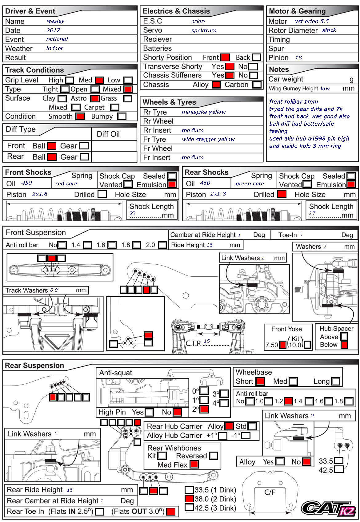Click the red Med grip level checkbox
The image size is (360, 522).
coord(99,80)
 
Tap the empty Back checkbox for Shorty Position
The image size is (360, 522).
coord(256,57)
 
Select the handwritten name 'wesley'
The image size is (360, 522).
coord(56,21)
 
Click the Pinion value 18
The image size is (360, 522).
coord(298,57)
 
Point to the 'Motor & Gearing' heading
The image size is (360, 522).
coord(297,11)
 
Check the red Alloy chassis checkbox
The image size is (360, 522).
coord(216,85)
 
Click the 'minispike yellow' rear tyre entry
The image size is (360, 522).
coord(204,112)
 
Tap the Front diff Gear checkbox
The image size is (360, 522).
coord(84,146)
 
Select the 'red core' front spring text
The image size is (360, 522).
coord(66,184)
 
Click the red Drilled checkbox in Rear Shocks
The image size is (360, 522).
coord(282,194)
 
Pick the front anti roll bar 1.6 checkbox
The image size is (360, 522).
coord(112,245)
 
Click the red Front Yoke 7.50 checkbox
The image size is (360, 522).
coord(282,345)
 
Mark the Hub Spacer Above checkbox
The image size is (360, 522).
coord(344,337)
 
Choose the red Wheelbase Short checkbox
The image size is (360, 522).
coord(260,382)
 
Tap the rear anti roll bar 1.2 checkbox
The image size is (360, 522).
coord(288,401)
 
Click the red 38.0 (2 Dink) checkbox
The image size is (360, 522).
coord(189,499)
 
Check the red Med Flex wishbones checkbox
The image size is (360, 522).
coord(194,464)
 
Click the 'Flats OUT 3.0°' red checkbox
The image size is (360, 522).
coord(171,512)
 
